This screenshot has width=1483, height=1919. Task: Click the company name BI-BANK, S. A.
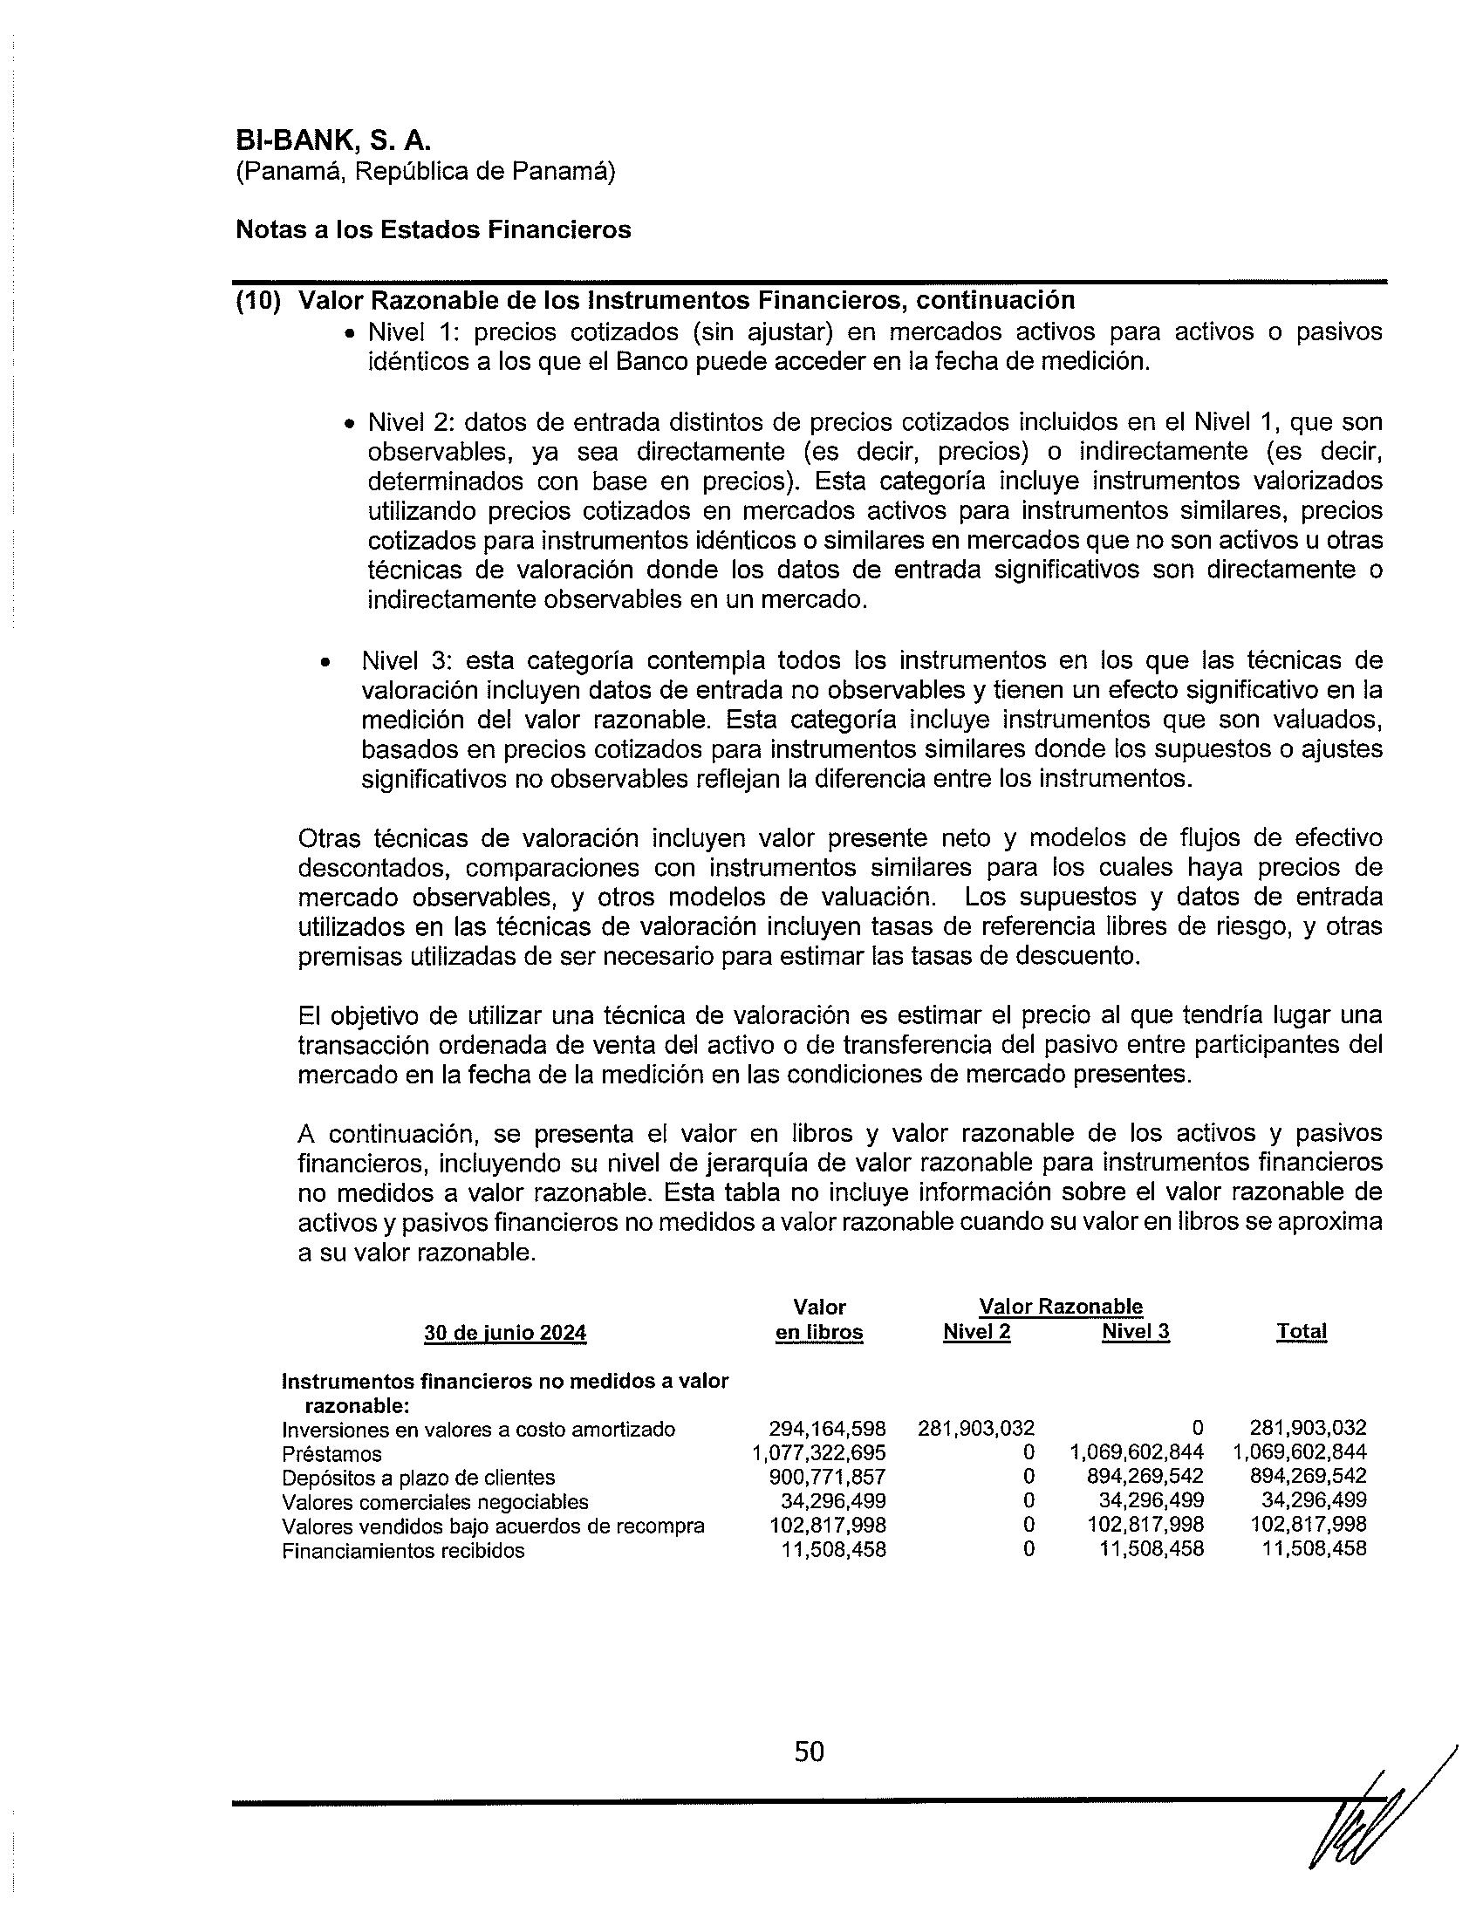point(333,140)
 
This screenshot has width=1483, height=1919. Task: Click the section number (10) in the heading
point(258,301)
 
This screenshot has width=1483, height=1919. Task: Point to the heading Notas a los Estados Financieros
point(434,230)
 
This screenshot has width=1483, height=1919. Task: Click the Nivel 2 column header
point(976,1332)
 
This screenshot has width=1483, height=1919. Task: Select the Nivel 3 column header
point(1135,1332)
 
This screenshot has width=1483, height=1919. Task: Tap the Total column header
point(1302,1332)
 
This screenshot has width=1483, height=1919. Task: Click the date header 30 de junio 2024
point(504,1334)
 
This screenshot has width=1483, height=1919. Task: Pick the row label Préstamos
point(332,1454)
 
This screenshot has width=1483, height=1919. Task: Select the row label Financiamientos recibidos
point(403,1551)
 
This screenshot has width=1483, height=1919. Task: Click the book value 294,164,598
point(827,1429)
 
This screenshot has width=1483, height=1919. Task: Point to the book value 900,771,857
point(827,1477)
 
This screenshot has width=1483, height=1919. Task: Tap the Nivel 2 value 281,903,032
point(976,1429)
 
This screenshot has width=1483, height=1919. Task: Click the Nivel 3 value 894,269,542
point(1145,1477)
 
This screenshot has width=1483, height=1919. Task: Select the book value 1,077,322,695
point(819,1453)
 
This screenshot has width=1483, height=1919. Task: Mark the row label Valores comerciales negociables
point(435,1503)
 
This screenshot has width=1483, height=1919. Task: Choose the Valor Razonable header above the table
point(1061,1307)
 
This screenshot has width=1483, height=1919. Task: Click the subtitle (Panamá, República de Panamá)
point(425,172)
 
